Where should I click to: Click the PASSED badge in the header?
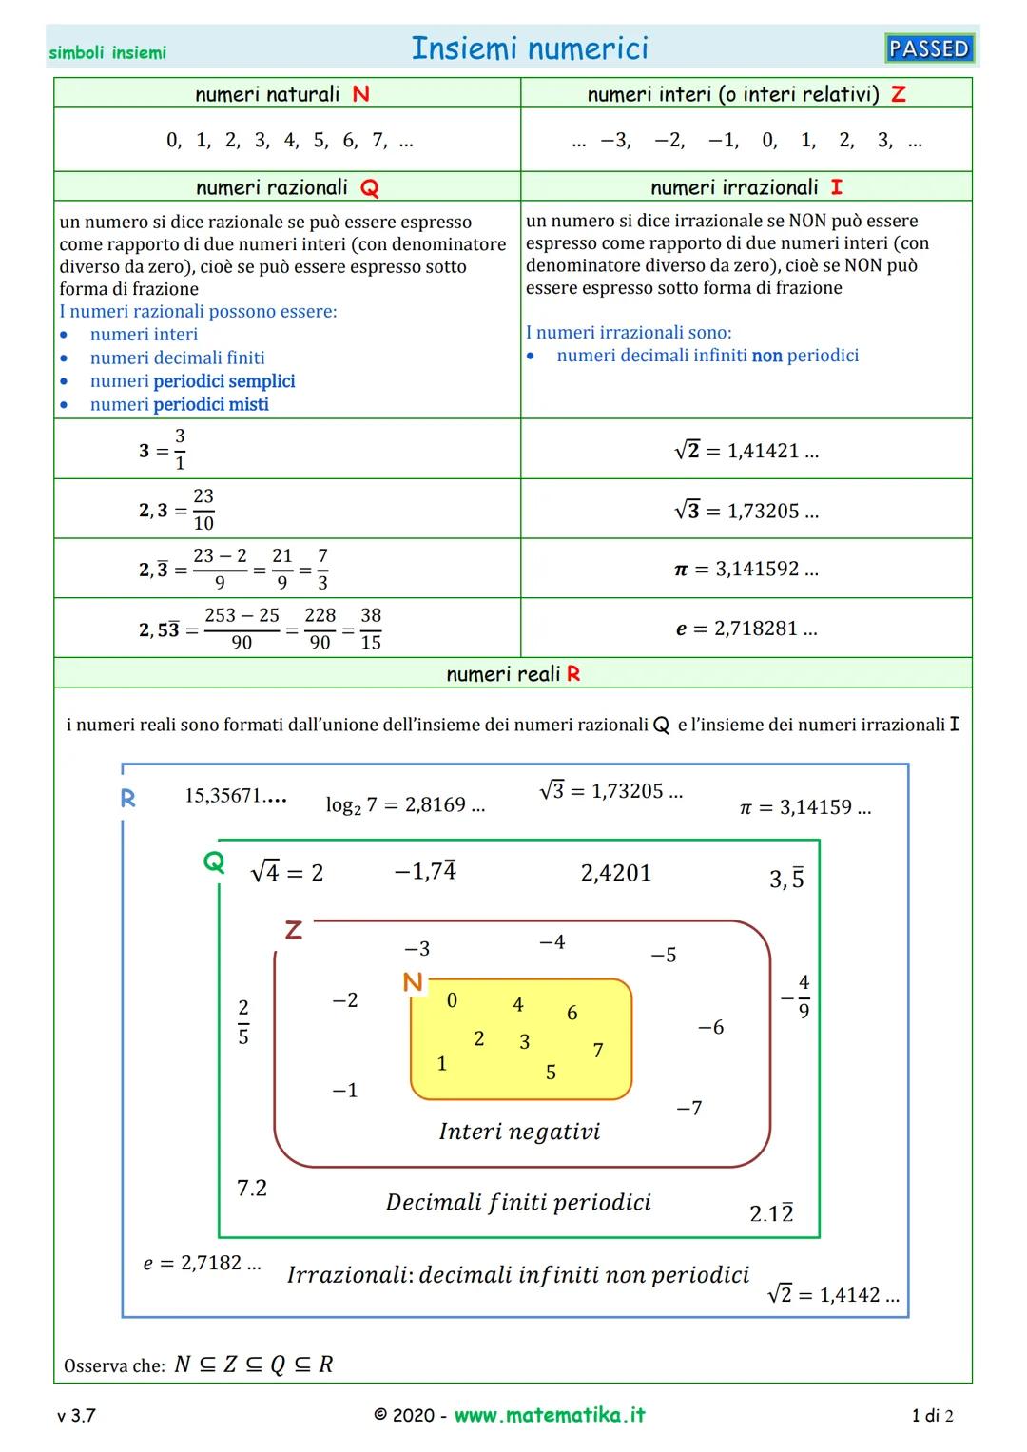point(929,48)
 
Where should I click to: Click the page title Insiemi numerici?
point(530,48)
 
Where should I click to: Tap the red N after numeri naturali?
point(360,94)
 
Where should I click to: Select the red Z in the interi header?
point(898,94)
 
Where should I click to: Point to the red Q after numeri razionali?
point(369,188)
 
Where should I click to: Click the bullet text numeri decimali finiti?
point(177,358)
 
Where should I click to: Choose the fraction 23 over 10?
point(203,510)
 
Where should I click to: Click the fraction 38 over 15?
point(371,629)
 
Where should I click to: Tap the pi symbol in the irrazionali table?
point(681,570)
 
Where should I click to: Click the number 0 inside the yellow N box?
point(452,999)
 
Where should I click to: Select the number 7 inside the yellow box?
point(598,1050)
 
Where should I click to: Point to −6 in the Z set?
point(710,1027)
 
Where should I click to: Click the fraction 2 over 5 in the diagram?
point(243,1022)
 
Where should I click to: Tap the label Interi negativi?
point(519,1132)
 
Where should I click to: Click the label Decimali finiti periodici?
point(518,1202)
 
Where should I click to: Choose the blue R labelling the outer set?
point(128,799)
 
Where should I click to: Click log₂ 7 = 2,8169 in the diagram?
point(405,805)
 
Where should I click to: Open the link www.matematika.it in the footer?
point(550,1415)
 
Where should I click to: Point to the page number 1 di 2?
point(932,1416)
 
